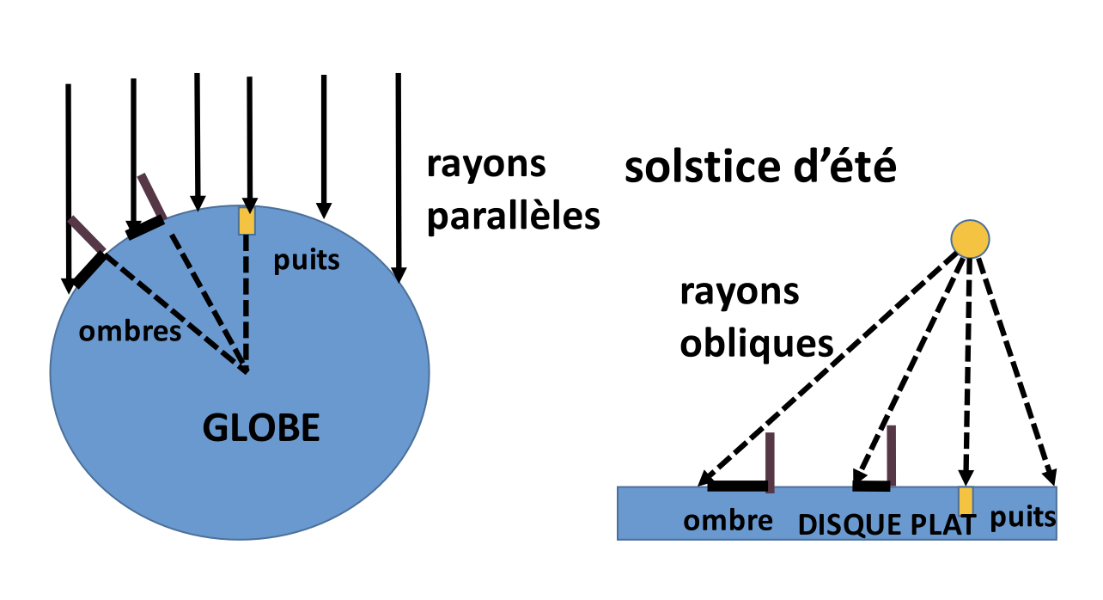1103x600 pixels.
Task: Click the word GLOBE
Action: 261,427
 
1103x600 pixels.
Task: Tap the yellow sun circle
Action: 970,239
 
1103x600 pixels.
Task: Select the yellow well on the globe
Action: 247,220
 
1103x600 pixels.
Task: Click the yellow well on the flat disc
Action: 966,500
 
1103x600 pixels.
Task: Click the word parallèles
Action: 513,217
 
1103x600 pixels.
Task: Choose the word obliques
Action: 757,344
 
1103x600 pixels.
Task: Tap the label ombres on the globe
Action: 130,332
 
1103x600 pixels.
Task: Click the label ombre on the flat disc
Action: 728,521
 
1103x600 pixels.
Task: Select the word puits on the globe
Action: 306,260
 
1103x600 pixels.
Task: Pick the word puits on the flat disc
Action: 1023,518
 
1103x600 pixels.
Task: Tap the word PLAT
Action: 948,523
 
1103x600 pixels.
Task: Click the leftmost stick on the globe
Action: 87,233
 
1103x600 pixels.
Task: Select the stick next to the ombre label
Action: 770,462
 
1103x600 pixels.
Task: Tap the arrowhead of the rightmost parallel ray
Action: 399,275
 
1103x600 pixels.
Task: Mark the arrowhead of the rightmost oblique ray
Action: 1050,478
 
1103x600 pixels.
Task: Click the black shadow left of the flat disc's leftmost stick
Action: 736,487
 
